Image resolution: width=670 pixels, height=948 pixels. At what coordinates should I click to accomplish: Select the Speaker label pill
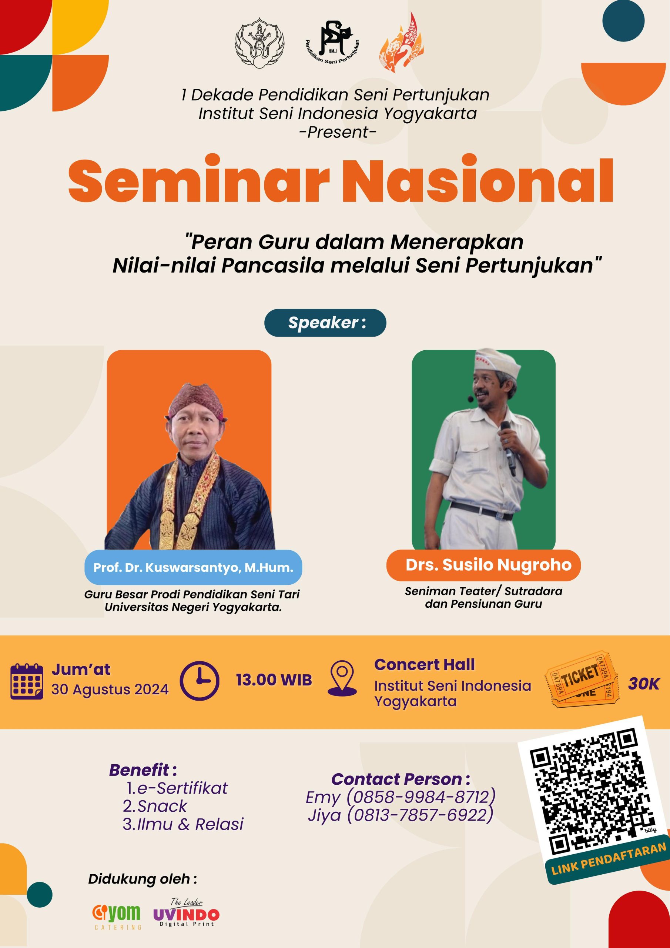(x=325, y=323)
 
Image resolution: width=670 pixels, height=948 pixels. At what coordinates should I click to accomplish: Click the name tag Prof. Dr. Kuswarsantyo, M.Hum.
(x=193, y=567)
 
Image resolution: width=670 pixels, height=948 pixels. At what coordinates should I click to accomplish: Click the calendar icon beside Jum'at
(x=27, y=681)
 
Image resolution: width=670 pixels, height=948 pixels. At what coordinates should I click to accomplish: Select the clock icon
(x=200, y=680)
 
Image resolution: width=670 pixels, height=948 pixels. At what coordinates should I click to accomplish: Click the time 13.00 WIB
(x=274, y=680)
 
